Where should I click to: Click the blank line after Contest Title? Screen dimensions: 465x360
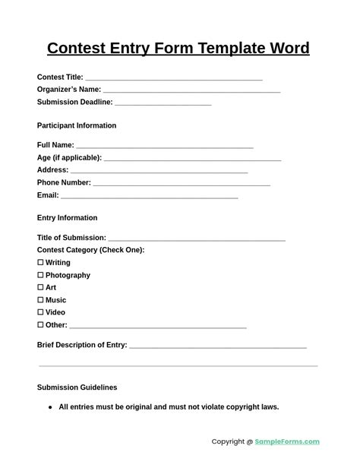coord(174,77)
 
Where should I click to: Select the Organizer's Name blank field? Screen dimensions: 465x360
coord(192,90)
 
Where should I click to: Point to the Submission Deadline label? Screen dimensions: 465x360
coord(74,102)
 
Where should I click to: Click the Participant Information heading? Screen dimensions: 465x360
coord(77,125)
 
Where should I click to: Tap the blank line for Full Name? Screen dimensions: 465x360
coord(164,145)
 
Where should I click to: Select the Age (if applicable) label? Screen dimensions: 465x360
coord(69,157)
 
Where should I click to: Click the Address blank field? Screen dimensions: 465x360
coord(159,170)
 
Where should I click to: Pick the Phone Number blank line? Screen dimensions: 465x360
coord(182,182)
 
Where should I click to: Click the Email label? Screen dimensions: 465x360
coord(48,195)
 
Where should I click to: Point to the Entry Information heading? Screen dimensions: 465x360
coord(67,218)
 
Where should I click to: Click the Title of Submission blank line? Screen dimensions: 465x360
coord(197,238)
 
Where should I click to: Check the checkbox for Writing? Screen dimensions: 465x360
coord(40,262)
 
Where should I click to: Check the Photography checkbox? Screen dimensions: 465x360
coord(40,275)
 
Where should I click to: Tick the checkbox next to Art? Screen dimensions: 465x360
coord(40,287)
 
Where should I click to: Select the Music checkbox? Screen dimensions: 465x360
coord(40,300)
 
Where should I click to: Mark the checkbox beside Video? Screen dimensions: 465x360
coord(40,312)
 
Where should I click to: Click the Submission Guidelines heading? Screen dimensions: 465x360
coord(77,387)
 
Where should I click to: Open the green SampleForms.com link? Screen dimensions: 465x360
coord(287,441)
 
